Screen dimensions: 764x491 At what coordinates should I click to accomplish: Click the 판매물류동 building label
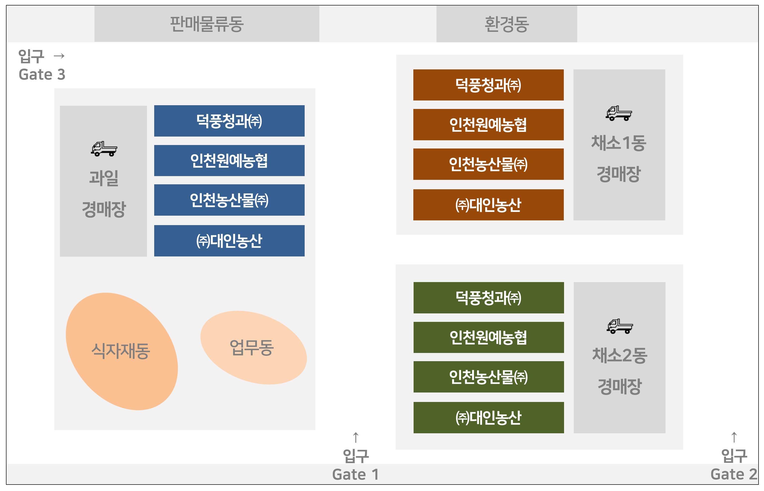[207, 24]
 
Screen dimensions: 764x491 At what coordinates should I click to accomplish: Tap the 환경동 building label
[506, 24]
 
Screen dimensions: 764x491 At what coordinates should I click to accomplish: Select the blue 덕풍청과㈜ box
[229, 121]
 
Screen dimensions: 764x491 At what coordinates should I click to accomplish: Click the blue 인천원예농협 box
[229, 160]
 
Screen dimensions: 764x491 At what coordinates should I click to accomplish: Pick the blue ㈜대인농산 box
[229, 241]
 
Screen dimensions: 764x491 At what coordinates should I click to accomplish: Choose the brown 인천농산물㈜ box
[488, 164]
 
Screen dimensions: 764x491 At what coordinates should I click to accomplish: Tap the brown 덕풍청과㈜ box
[488, 85]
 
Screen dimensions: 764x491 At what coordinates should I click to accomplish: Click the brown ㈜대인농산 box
[488, 205]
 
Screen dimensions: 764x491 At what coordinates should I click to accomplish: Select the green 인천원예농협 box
[489, 337]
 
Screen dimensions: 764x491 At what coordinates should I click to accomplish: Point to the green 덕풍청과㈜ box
[489, 297]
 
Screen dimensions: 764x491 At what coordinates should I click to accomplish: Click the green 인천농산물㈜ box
[489, 377]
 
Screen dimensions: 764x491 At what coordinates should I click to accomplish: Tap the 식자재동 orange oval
[122, 351]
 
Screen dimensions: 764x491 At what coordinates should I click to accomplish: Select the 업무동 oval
[253, 347]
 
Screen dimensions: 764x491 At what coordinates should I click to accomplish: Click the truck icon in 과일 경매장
[104, 148]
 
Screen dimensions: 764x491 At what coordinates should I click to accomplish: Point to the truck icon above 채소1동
[619, 113]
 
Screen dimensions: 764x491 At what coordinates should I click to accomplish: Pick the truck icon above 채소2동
[619, 326]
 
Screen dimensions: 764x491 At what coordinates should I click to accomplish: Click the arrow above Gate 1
[356, 438]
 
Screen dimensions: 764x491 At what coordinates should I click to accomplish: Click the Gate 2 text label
[733, 474]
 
